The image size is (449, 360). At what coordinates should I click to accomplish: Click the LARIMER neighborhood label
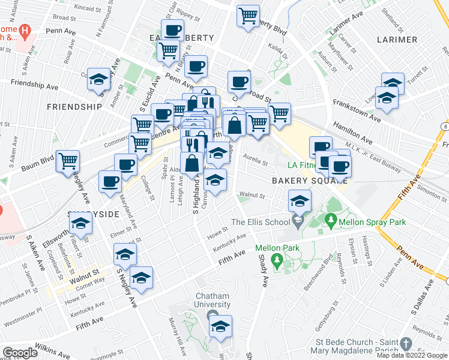pos(397,40)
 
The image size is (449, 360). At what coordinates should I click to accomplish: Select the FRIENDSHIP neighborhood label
pos(74,107)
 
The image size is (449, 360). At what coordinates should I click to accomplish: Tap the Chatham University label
pos(212,299)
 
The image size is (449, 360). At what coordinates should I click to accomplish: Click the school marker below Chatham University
pos(220,328)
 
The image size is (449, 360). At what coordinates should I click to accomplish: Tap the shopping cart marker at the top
pos(248,16)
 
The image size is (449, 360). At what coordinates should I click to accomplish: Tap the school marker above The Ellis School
pos(299,201)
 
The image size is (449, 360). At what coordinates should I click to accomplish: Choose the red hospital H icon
pos(25,31)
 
